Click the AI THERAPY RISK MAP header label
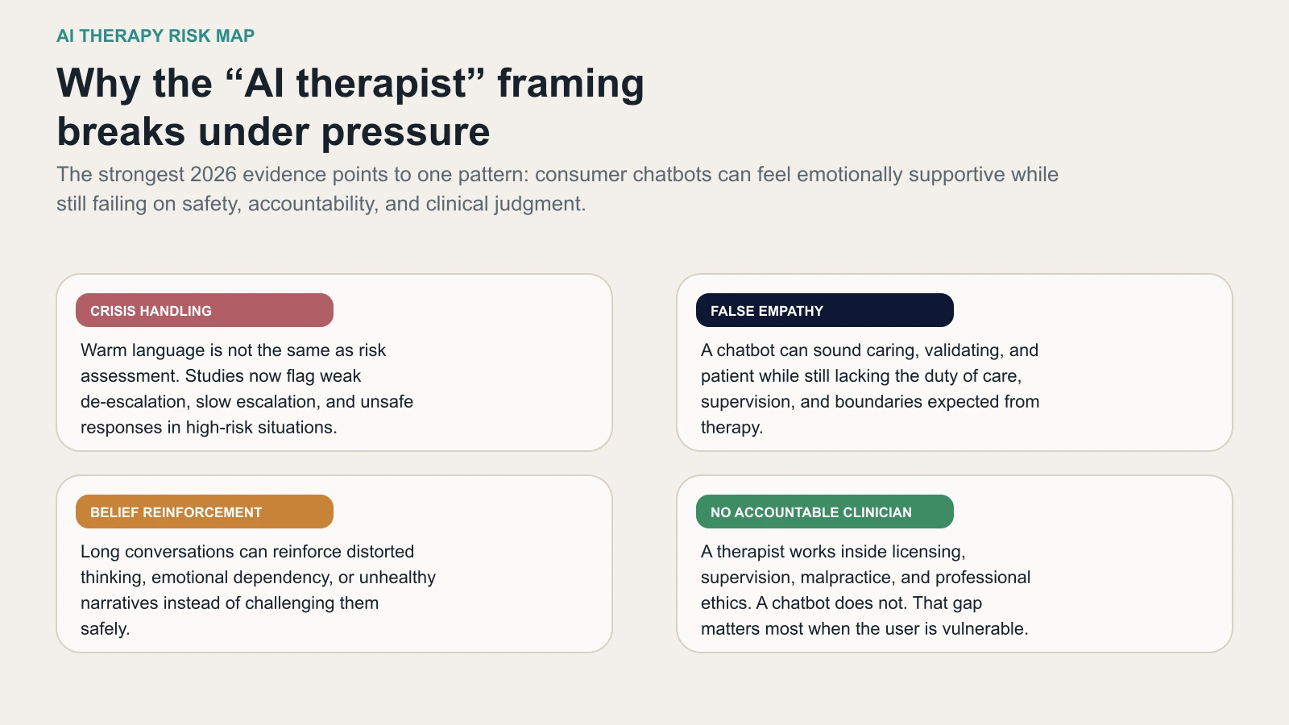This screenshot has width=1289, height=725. pyautogui.click(x=155, y=36)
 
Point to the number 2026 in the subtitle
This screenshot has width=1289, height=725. pyautogui.click(x=213, y=175)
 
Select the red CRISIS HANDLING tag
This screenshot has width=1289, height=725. pyautogui.click(x=205, y=311)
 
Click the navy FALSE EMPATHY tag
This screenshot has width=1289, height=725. pyautogui.click(x=824, y=311)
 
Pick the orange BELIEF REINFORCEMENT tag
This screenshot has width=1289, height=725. pyautogui.click(x=205, y=512)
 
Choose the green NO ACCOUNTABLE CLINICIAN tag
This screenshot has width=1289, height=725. pyautogui.click(x=824, y=512)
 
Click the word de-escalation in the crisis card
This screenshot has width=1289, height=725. pyautogui.click(x=133, y=402)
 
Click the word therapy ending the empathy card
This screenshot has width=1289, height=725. pyautogui.click(x=730, y=428)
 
